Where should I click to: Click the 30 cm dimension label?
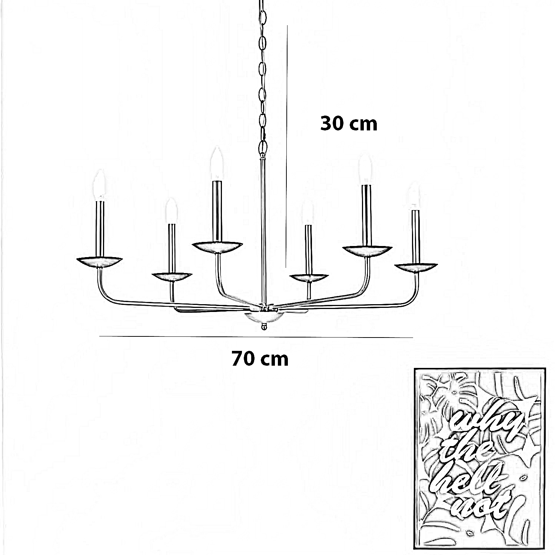click(x=349, y=123)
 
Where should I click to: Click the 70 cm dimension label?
click(x=260, y=359)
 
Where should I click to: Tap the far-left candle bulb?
click(x=99, y=185)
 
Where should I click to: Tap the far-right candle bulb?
click(x=414, y=196)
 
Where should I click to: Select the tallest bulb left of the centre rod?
click(x=217, y=163)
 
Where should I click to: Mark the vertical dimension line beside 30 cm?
click(x=287, y=146)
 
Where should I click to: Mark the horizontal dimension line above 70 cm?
click(x=256, y=337)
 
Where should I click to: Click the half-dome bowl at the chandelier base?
click(x=264, y=317)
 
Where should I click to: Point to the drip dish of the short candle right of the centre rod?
click(x=309, y=278)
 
